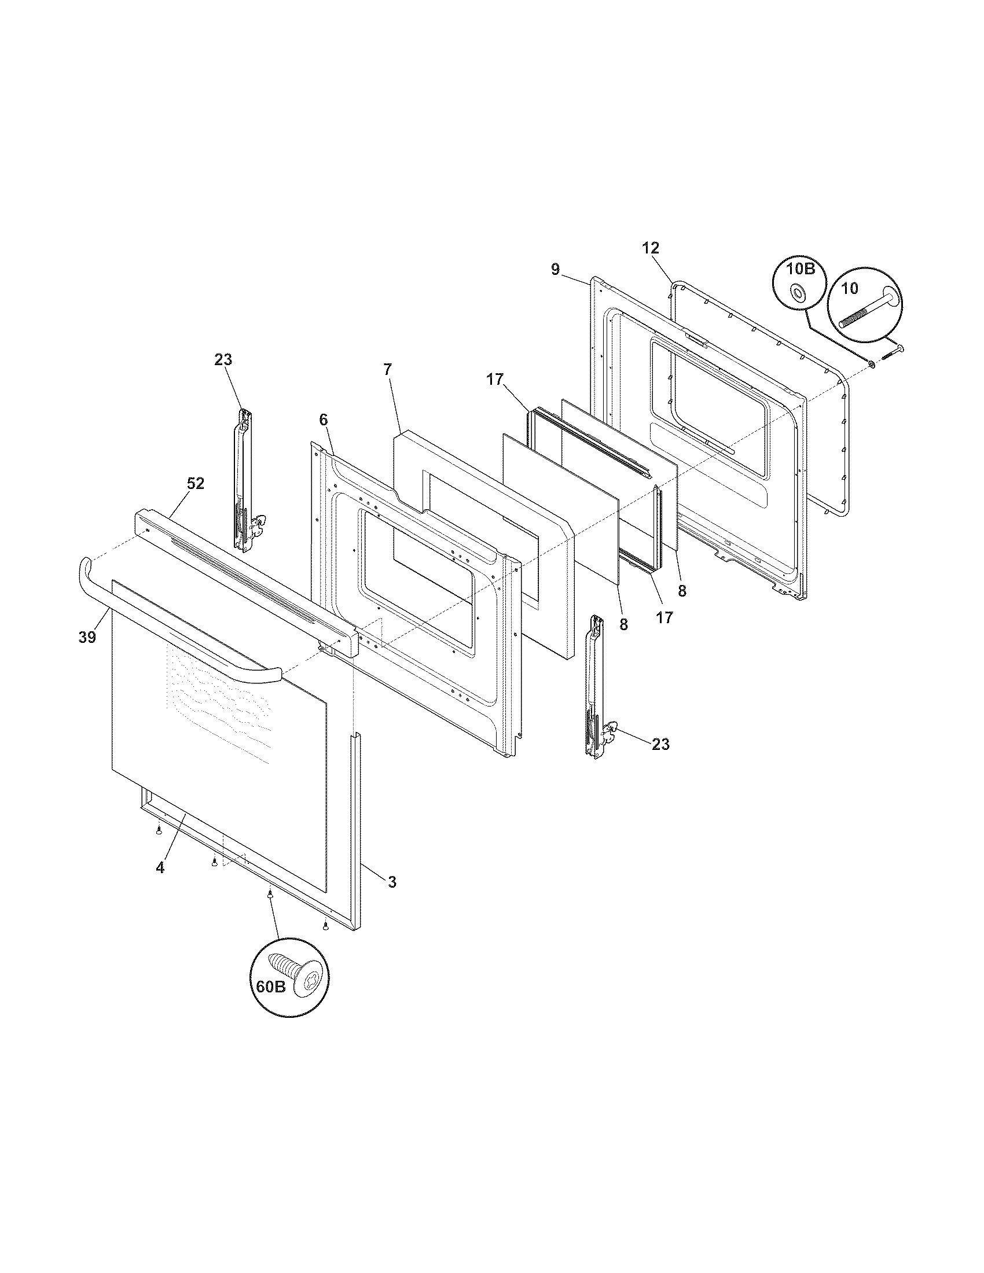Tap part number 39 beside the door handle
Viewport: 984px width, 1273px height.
point(87,638)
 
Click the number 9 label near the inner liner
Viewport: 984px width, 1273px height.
point(555,269)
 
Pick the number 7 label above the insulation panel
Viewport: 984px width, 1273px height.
point(388,369)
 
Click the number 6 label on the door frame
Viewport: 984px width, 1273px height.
point(324,420)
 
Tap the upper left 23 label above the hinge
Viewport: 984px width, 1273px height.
point(223,360)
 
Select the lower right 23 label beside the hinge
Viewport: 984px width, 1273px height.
point(660,744)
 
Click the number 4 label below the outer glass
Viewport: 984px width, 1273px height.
point(160,884)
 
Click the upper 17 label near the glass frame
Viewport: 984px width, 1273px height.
point(494,380)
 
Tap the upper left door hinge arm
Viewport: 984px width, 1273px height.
point(244,478)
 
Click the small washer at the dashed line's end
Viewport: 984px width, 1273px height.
point(871,364)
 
